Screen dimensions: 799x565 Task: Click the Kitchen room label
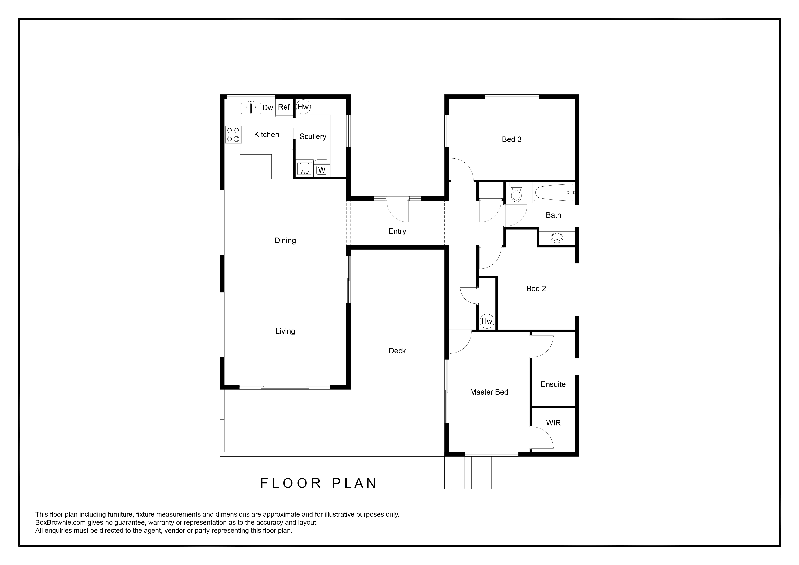(267, 135)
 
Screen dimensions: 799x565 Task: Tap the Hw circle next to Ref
(303, 107)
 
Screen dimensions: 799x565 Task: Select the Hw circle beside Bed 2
(487, 321)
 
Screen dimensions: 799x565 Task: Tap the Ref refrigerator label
(284, 107)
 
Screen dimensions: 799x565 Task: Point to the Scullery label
(313, 137)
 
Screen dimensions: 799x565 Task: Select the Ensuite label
(553, 385)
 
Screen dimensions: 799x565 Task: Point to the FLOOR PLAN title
(318, 483)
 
